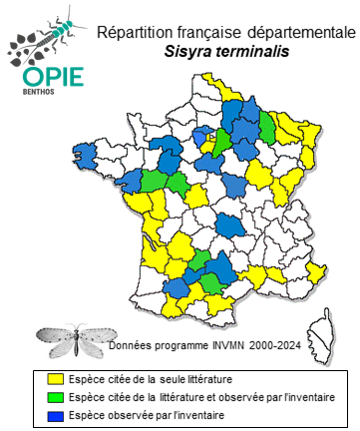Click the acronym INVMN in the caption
pos(229,346)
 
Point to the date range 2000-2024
pos(283,346)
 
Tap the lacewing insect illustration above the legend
pos(71,337)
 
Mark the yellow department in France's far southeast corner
pos(317,271)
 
